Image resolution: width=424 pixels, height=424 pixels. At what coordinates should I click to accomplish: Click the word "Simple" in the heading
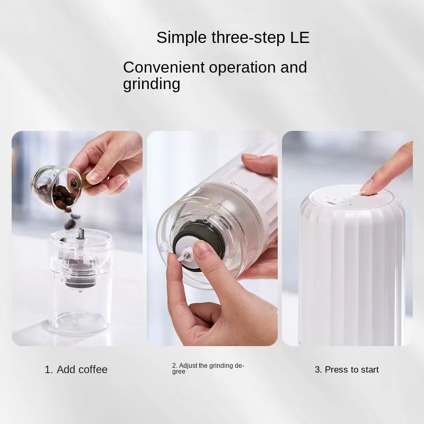coord(181,38)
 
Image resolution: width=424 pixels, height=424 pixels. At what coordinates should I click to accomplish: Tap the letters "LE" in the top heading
coord(300,37)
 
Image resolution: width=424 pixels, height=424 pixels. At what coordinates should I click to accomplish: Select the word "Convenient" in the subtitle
coord(164,67)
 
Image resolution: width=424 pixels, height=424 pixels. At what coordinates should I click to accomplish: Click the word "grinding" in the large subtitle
coord(152,84)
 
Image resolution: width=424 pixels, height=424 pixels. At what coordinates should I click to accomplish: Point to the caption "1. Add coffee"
coord(76,369)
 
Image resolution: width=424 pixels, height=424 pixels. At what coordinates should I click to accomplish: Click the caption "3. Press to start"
coord(347,369)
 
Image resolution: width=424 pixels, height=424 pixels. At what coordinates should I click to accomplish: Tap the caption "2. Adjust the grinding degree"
coord(208,368)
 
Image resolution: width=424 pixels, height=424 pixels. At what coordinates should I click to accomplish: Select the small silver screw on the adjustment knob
coord(187,255)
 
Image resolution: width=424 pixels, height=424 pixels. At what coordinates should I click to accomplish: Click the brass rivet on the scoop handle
coord(74,183)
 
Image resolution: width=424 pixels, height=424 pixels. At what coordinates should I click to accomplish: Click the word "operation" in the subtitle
coord(242,68)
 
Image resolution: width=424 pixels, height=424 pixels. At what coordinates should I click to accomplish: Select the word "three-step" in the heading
coord(248,38)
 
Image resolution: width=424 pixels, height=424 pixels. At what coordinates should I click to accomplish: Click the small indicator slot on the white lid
coord(330,203)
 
